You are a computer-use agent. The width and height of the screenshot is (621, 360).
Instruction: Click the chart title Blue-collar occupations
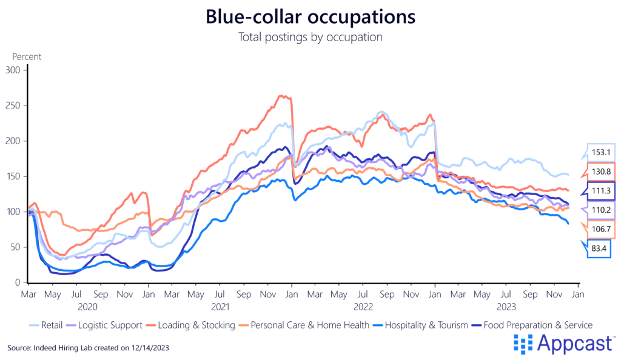pos(310,16)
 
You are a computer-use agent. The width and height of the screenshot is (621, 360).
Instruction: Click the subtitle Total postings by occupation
pos(310,37)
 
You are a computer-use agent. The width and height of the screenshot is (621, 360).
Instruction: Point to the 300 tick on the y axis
pos(13,70)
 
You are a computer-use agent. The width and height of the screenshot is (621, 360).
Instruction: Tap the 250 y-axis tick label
pos(13,105)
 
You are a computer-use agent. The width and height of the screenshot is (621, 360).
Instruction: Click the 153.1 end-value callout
pos(600,153)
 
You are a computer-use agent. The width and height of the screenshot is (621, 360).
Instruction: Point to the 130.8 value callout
pos(600,172)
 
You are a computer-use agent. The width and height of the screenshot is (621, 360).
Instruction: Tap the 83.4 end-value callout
pos(600,248)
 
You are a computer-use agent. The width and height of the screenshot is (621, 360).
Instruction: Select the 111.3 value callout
pos(600,191)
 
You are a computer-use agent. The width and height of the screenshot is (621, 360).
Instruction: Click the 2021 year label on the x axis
pos(220,307)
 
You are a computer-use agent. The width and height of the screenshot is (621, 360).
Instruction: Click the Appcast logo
pos(564,344)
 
